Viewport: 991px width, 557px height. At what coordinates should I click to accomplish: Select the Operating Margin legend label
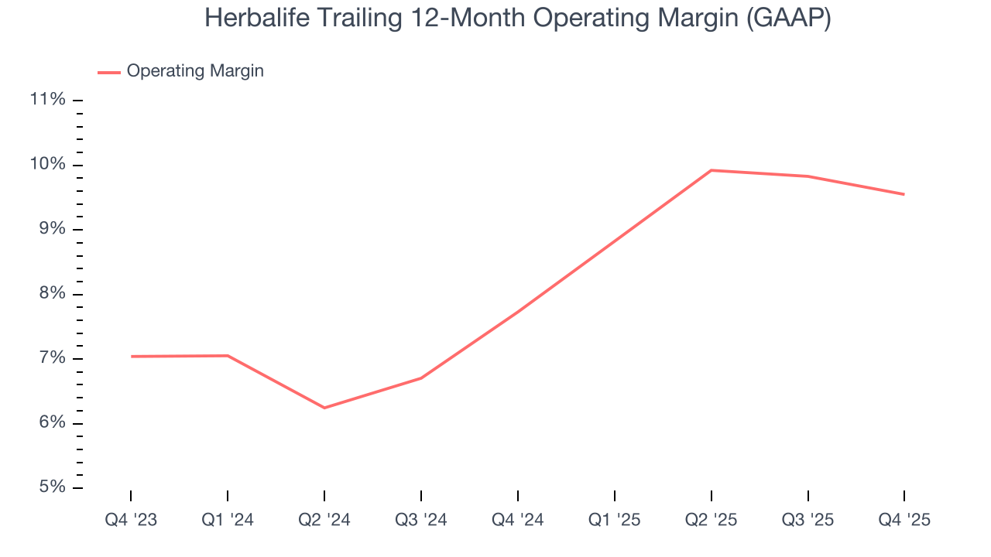pyautogui.click(x=195, y=71)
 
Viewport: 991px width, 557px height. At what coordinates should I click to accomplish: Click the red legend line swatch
pyautogui.click(x=109, y=72)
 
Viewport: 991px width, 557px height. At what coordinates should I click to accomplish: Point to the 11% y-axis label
pyautogui.click(x=47, y=100)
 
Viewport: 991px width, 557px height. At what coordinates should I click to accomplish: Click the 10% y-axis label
pyautogui.click(x=47, y=165)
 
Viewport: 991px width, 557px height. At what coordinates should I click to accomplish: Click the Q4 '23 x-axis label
pyautogui.click(x=131, y=520)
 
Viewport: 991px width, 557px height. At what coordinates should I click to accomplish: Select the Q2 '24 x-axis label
pyautogui.click(x=324, y=520)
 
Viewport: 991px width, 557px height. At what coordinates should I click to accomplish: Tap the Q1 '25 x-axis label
pyautogui.click(x=615, y=520)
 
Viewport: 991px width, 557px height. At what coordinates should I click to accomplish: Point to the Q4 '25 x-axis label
pyautogui.click(x=904, y=520)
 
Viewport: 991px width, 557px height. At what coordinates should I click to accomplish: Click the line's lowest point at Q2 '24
pyautogui.click(x=324, y=408)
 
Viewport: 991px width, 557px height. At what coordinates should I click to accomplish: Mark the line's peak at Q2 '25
pyautogui.click(x=711, y=170)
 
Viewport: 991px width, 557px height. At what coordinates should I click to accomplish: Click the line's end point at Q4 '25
pyautogui.click(x=904, y=194)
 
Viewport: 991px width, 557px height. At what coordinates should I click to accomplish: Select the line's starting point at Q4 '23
pyautogui.click(x=131, y=357)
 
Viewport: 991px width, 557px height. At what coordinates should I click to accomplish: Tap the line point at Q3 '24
pyautogui.click(x=421, y=378)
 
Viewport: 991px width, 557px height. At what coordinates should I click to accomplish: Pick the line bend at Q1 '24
pyautogui.click(x=228, y=356)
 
